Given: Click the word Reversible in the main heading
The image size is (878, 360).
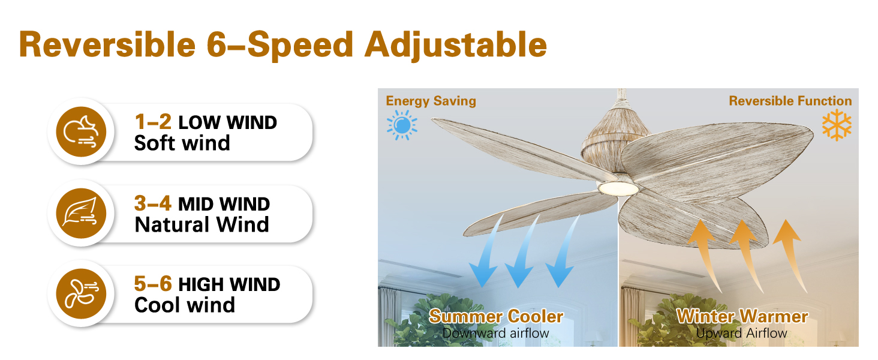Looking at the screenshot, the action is click(107, 44).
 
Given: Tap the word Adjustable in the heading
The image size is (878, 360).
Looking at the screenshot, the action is click(455, 46).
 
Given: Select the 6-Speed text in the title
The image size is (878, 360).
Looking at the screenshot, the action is click(280, 46).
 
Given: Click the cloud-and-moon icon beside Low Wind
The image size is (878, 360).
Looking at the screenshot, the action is click(81, 132).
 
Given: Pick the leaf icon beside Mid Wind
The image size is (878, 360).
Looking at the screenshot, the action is click(81, 214).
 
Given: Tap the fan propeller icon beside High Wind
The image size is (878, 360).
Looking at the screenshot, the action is click(81, 294).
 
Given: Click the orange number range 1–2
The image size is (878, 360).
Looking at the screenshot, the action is click(153, 122).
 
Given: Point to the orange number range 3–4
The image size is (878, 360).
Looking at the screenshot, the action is click(153, 203).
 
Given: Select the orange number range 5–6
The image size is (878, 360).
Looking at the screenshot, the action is click(153, 284).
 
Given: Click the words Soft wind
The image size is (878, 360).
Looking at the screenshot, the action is click(182, 143).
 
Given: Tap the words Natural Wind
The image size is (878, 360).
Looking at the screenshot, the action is click(202, 225).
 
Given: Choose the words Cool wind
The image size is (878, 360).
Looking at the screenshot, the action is click(185, 305).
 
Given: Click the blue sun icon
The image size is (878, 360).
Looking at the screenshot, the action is click(402, 125).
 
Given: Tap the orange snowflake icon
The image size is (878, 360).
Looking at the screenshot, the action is click(837, 125).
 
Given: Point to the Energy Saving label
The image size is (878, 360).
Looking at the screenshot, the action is click(431, 101).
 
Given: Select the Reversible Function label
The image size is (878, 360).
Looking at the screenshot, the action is click(790, 101).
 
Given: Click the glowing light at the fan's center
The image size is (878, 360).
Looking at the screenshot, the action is click(618, 188).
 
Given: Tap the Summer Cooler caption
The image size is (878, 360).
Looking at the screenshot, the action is click(496, 316).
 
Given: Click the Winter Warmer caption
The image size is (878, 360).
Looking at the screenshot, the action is click(742, 316).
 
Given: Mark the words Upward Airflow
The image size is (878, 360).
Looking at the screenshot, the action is click(742, 334).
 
